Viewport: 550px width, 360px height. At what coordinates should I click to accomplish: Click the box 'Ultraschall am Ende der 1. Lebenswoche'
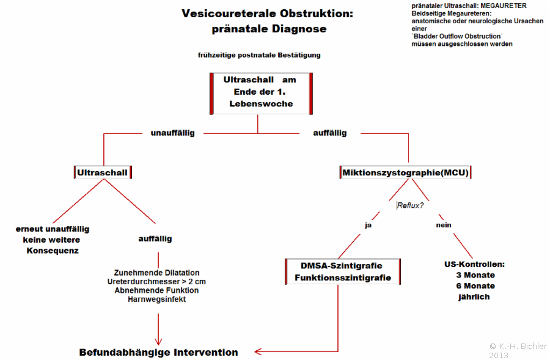tap(261, 94)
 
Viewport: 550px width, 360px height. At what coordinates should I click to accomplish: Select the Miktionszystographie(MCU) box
tap(406, 172)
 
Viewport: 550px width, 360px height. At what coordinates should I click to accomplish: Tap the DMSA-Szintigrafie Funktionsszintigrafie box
tap(343, 271)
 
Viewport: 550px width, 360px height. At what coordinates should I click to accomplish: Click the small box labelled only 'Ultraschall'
tap(103, 172)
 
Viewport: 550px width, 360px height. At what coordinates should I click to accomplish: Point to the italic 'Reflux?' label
tap(410, 205)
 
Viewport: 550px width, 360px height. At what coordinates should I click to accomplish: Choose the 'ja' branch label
tap(368, 225)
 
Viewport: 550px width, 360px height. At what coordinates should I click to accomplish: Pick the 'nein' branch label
tap(444, 225)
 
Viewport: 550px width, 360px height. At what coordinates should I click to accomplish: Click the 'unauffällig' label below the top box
tap(172, 133)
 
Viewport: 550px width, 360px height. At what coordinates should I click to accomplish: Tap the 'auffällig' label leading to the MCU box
tap(330, 133)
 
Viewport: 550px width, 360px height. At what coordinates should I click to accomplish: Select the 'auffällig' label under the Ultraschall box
tap(155, 239)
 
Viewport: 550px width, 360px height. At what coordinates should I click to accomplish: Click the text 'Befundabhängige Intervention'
tap(158, 352)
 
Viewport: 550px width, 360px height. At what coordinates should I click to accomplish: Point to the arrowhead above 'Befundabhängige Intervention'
tap(158, 342)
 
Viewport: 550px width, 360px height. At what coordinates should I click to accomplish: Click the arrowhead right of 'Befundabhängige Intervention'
tap(258, 351)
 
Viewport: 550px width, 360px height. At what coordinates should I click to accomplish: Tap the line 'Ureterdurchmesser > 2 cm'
tap(156, 281)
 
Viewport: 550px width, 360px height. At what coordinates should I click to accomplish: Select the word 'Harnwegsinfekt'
tap(157, 299)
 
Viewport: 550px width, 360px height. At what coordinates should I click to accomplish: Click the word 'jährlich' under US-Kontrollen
tap(474, 297)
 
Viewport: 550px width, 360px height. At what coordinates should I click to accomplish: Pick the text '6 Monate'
tap(475, 286)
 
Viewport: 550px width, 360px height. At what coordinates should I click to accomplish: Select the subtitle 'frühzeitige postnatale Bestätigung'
tap(259, 55)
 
